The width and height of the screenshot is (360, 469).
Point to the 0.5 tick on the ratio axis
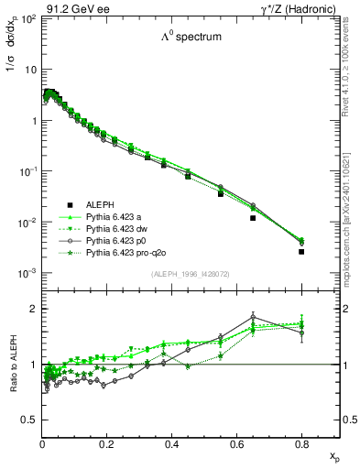pos(30,420)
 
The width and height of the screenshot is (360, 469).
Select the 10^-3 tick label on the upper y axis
pos(28,274)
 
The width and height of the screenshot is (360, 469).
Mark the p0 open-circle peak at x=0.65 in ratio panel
pos(253,317)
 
